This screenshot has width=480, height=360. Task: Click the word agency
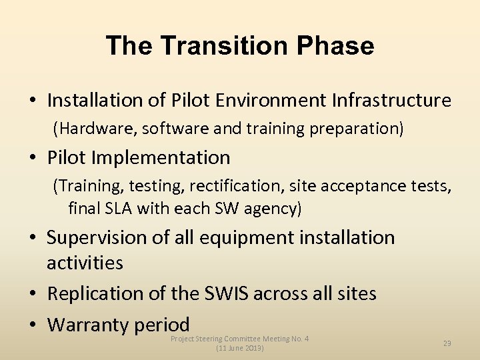[x=272, y=209]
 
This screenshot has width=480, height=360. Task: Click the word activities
[x=85, y=263]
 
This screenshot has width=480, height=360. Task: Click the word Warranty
[x=87, y=325]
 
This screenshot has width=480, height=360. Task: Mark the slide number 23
[x=447, y=343]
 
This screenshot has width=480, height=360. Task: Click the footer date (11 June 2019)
[x=240, y=349]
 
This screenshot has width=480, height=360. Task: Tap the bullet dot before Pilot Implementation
[x=33, y=159]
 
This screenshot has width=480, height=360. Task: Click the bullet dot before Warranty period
[x=33, y=325]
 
